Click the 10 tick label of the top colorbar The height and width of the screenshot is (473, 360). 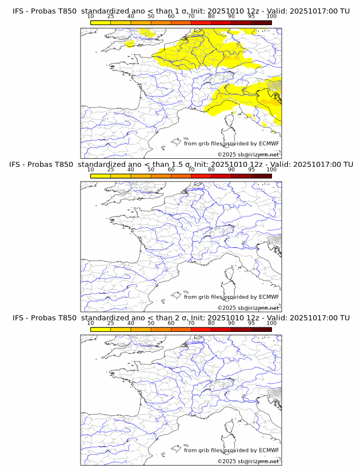click(x=90, y=16)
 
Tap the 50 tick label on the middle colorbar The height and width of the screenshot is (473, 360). click(x=151, y=169)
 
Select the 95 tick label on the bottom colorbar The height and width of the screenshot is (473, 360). click(x=251, y=323)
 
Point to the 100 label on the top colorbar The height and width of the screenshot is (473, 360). click(x=271, y=16)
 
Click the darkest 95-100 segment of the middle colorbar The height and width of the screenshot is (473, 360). click(x=261, y=176)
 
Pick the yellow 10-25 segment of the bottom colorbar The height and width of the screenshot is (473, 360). click(x=101, y=330)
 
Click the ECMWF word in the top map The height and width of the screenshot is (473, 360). click(x=269, y=143)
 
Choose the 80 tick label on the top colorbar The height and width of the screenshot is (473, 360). click(x=211, y=16)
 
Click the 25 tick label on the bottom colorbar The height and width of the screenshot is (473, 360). click(x=110, y=323)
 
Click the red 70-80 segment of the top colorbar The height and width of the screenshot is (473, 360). click(x=201, y=22)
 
